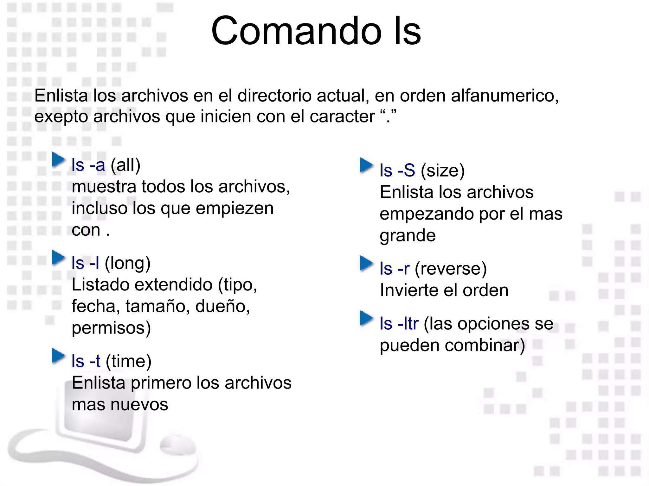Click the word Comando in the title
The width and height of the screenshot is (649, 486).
point(296,31)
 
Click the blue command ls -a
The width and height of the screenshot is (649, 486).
point(88,165)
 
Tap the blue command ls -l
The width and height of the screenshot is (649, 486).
point(85,263)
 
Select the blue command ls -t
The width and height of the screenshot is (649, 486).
point(86,361)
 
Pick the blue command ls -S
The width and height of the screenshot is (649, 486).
point(397,171)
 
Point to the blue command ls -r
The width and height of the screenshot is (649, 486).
point(395,269)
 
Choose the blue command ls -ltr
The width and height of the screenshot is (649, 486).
point(399,324)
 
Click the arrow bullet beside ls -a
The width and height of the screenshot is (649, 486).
point(58,159)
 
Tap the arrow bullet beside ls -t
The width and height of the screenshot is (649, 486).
point(58,355)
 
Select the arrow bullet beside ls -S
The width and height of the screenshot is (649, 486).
point(366,165)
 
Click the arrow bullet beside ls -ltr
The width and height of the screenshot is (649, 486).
point(366,318)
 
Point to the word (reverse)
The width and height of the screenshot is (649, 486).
point(450,269)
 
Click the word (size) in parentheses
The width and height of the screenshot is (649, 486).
point(442,171)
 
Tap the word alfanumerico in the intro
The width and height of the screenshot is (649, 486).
point(505,96)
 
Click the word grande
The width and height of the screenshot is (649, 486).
point(408,236)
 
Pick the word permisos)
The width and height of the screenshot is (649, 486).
point(111,328)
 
